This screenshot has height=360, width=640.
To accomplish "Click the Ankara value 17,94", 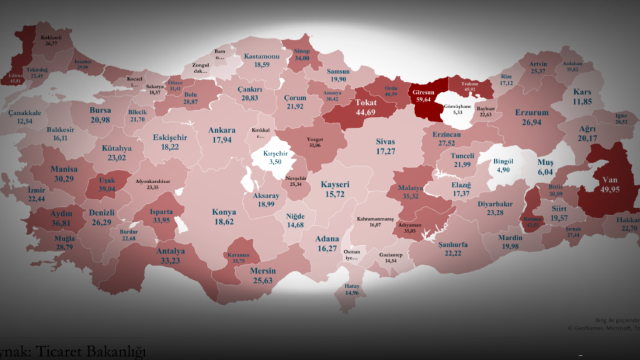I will (x=223, y=139).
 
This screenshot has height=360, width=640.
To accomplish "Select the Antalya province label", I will (x=170, y=252).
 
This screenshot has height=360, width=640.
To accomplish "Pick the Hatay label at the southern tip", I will (x=352, y=286).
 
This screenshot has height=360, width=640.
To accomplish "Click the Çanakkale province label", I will (x=25, y=113).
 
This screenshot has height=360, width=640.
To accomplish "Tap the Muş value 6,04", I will (x=546, y=171).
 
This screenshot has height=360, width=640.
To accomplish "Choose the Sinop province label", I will (x=302, y=51).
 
